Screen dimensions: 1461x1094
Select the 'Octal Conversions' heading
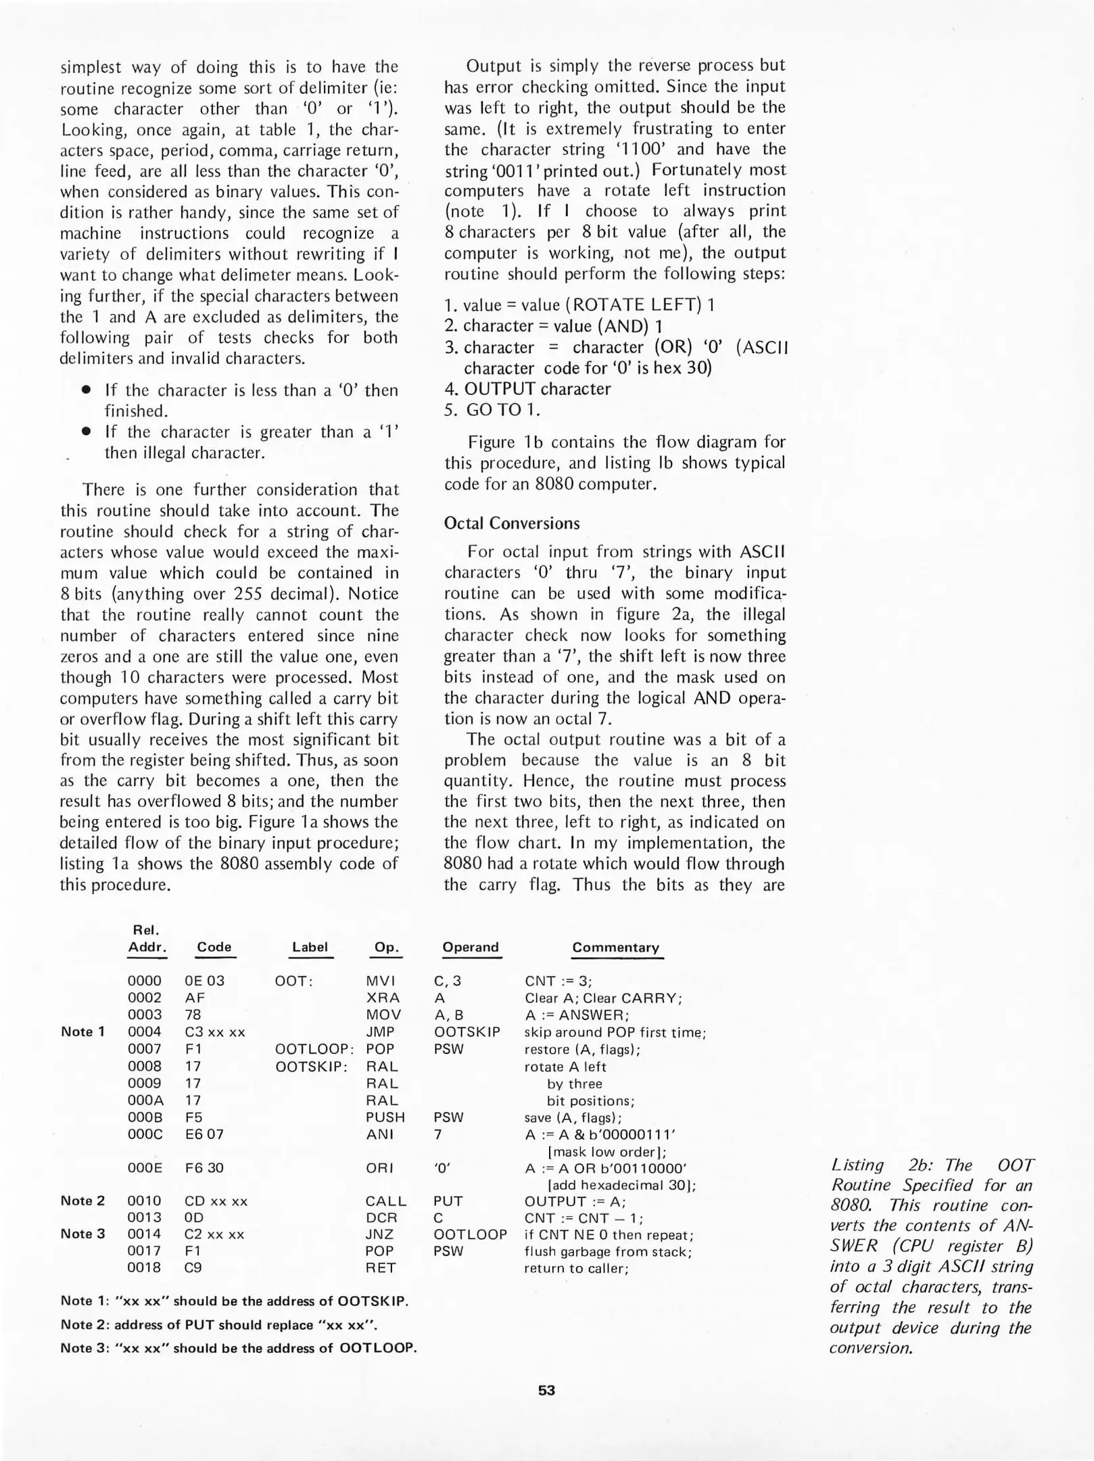point(512,523)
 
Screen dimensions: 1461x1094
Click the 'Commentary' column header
point(615,947)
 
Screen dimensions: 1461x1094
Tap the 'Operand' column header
point(471,947)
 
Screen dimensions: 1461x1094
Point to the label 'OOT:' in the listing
point(293,981)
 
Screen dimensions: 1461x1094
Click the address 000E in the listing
point(145,1168)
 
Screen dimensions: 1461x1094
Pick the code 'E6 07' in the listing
point(204,1134)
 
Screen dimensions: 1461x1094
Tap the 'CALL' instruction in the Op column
point(385,1201)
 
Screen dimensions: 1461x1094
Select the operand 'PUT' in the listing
point(448,1201)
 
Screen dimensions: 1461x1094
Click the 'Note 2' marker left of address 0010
point(82,1201)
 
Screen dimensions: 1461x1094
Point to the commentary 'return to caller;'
point(576,1268)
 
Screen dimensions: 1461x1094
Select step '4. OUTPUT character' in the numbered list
point(527,389)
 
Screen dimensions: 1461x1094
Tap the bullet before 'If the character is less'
point(86,390)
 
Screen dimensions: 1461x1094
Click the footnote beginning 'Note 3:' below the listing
point(238,1347)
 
